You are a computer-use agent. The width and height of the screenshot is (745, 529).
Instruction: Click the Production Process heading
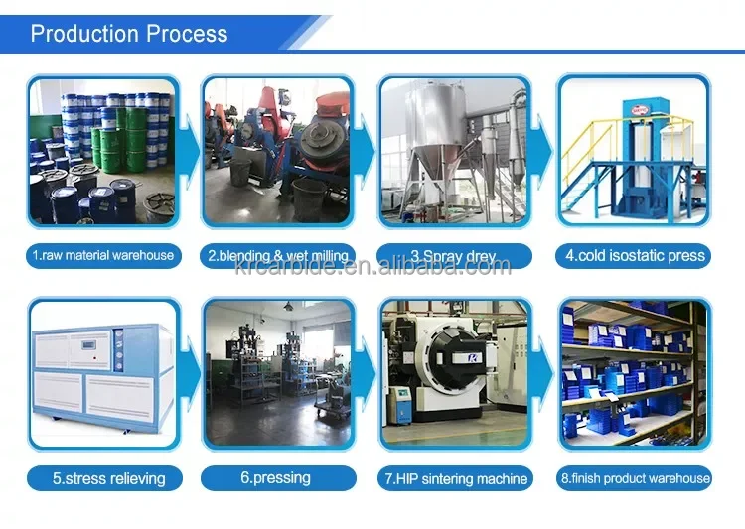tap(129, 34)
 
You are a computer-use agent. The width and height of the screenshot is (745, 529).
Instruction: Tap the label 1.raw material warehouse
tap(102, 255)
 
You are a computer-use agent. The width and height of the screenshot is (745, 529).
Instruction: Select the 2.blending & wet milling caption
tap(278, 255)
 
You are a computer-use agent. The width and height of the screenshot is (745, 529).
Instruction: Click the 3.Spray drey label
tap(453, 255)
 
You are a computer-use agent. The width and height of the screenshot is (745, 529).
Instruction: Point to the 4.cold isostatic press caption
tap(635, 255)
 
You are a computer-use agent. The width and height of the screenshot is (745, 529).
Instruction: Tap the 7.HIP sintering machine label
tap(456, 478)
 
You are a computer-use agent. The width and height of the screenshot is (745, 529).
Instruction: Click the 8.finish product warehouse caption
tap(635, 478)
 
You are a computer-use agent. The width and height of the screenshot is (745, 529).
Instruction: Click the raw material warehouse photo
tap(102, 151)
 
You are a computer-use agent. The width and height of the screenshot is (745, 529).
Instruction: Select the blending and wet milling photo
tap(278, 151)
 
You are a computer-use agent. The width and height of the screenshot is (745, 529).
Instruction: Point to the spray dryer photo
tap(453, 151)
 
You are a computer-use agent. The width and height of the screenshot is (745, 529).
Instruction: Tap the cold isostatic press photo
tap(635, 151)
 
